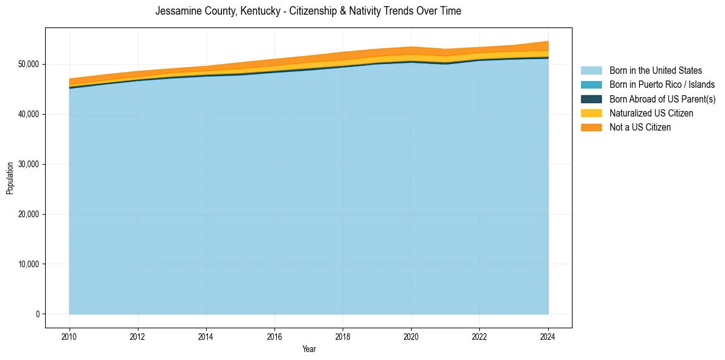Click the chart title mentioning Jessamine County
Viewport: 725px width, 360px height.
tap(308, 11)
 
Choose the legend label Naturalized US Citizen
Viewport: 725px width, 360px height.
tap(651, 113)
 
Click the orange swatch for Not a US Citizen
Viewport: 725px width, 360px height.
tap(591, 128)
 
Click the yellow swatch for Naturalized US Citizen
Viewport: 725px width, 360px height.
tap(591, 113)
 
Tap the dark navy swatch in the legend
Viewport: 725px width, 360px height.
tap(591, 99)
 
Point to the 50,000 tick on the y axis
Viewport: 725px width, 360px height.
tap(29, 64)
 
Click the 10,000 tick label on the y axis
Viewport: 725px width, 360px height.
tap(29, 264)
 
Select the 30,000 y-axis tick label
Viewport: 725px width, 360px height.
tap(29, 164)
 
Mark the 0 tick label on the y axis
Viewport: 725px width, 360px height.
tap(37, 314)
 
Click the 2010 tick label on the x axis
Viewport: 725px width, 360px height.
tap(70, 336)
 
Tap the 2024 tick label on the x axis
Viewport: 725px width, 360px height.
tap(548, 336)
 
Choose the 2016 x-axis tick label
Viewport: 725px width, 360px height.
tap(274, 336)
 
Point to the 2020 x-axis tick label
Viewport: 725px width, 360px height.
tap(411, 336)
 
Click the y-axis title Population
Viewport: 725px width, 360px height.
tap(10, 178)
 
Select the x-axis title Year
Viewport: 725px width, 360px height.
tap(309, 349)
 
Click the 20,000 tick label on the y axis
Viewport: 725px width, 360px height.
tap(29, 214)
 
